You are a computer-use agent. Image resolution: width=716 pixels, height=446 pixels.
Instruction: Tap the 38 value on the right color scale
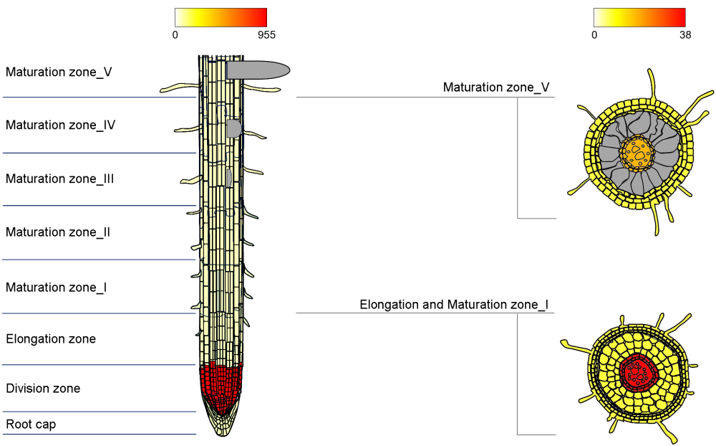click(685, 34)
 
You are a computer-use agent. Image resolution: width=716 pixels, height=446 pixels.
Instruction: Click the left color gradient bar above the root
click(221, 17)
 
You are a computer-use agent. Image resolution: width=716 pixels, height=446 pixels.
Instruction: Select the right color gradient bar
click(639, 17)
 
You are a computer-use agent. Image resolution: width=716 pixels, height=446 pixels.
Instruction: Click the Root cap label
click(31, 424)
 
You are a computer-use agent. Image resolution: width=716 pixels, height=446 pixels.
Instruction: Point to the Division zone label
click(43, 389)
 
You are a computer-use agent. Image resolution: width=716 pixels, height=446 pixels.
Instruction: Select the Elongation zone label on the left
click(51, 338)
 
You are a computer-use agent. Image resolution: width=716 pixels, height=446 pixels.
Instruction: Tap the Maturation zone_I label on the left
click(57, 288)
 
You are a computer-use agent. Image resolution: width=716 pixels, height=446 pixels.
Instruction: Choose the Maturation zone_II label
click(58, 232)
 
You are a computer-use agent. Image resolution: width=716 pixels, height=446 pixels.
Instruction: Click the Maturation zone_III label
click(59, 179)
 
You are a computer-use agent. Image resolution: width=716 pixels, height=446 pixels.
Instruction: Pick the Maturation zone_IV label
click(60, 125)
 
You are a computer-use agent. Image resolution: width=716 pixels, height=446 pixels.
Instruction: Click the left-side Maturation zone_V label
click(59, 72)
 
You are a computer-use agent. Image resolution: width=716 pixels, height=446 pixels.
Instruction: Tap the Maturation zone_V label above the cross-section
click(496, 87)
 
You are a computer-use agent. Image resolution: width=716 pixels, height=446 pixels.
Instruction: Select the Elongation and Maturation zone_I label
click(454, 305)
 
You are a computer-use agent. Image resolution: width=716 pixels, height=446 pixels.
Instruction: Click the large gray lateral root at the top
click(258, 70)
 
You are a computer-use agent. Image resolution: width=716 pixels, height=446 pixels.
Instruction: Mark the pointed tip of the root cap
click(223, 433)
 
